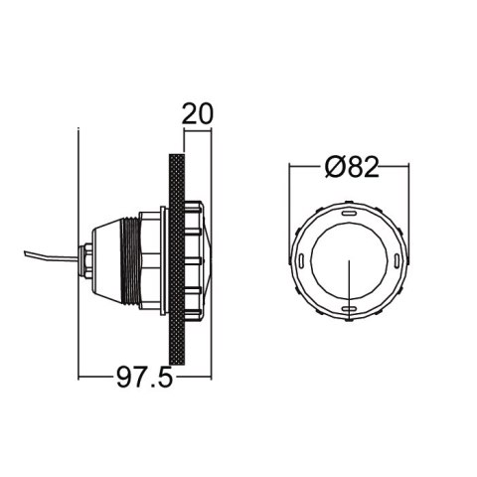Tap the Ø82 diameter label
[x=351, y=167]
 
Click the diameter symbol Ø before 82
[x=333, y=167]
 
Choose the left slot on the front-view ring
[x=301, y=260]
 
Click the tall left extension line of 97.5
[x=79, y=248]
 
